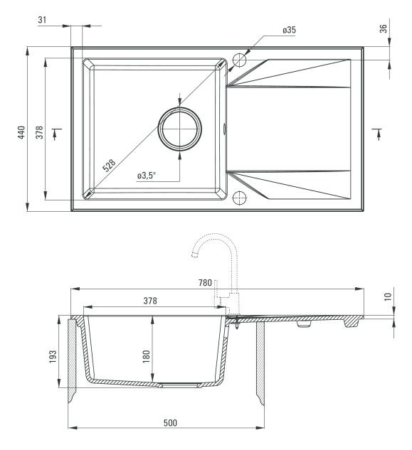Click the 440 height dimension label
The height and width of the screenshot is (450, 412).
21,132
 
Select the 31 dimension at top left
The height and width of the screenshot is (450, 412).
42,20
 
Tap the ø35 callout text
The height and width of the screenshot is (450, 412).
289,30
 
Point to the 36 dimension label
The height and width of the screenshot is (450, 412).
384,28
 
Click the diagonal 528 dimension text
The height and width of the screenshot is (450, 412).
109,166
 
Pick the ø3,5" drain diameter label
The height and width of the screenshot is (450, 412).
147,176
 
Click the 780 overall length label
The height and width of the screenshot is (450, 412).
205,283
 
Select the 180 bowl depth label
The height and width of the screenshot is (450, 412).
147,356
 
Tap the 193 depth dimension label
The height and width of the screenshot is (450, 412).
53,357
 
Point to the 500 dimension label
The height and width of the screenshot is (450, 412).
170,423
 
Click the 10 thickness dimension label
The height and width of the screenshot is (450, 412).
388,296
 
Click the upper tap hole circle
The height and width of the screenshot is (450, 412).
240,60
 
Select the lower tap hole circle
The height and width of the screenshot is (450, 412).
240,198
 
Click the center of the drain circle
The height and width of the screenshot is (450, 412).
180,129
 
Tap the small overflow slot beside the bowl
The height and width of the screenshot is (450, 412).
224,129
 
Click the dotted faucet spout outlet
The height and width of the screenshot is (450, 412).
195,255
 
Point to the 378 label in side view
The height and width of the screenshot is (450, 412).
150,301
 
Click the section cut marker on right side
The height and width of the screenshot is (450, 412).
378,134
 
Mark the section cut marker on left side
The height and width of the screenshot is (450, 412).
57,134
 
